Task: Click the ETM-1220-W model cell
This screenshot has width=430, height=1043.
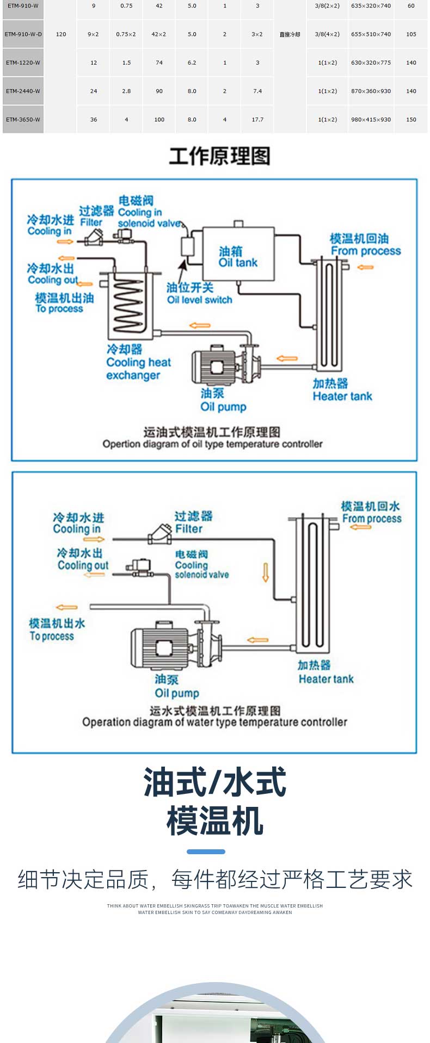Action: click(23, 63)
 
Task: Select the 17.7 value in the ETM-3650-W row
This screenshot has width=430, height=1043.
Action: click(257, 120)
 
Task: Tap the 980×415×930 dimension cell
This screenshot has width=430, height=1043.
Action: click(371, 120)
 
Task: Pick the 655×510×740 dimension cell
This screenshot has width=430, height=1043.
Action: click(371, 34)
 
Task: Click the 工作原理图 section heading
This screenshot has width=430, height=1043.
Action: click(219, 156)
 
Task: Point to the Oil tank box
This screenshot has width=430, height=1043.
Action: click(238, 254)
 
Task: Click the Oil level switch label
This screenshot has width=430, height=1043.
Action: click(199, 299)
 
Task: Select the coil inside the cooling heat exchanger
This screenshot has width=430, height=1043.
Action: click(129, 305)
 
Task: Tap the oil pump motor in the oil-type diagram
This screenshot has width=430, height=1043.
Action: click(213, 366)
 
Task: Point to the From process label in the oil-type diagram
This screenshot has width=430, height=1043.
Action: click(365, 251)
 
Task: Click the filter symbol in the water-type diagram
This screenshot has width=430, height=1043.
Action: click(161, 534)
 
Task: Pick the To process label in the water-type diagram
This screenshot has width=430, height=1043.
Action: click(52, 636)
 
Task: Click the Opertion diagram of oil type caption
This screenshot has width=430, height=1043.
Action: click(212, 444)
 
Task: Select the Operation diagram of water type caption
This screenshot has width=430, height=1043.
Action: click(214, 722)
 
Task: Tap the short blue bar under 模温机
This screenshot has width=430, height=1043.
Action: click(206, 851)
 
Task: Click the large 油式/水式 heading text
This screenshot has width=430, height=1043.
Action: click(214, 782)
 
